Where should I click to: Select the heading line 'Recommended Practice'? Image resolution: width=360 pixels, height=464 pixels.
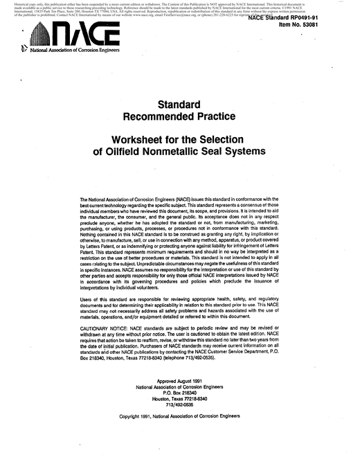(x=180, y=116)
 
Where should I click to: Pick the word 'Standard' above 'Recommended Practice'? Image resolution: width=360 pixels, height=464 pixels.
(x=180, y=103)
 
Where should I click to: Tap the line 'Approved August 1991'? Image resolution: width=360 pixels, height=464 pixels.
(x=180, y=382)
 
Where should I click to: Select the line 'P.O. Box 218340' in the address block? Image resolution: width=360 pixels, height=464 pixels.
(x=180, y=393)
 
